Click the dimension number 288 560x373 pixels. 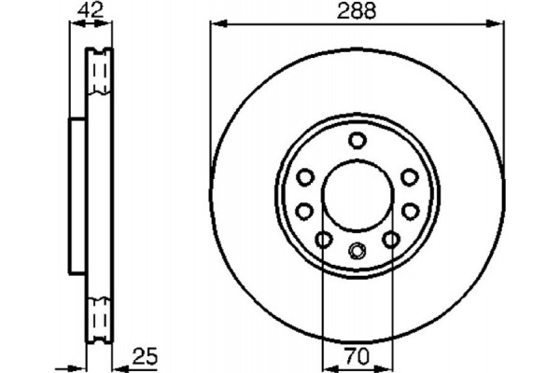(x=357, y=12)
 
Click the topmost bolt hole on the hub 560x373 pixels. (x=357, y=141)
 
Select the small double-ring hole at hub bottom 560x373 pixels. (x=357, y=250)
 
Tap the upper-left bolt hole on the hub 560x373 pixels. (x=304, y=177)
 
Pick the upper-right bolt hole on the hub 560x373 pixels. (x=409, y=177)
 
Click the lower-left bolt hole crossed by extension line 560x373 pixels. (x=322, y=241)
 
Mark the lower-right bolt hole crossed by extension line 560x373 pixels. (x=391, y=241)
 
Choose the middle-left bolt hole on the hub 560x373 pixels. (x=304, y=212)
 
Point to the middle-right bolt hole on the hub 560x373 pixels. (x=409, y=212)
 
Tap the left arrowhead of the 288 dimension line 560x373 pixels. (x=214, y=26)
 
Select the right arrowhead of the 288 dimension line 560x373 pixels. (x=499, y=26)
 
